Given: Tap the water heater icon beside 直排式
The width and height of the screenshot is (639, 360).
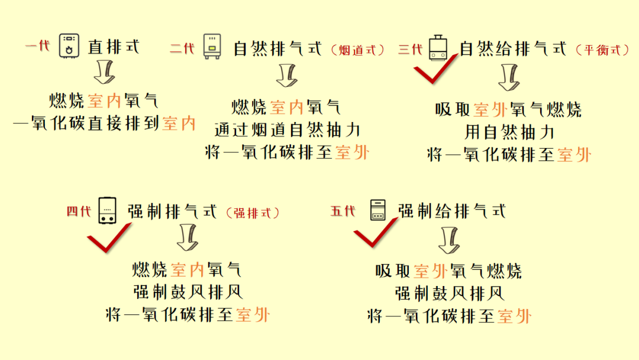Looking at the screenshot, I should [x=70, y=46].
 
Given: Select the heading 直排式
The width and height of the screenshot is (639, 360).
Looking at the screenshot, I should [x=113, y=46].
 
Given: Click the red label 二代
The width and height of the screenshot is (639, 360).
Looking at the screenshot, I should [x=182, y=49].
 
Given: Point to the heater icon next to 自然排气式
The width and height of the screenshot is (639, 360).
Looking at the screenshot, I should [x=212, y=46].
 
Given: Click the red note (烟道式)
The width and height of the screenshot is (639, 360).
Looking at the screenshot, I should [x=357, y=50].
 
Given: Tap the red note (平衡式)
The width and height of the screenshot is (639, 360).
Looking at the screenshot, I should [x=603, y=50].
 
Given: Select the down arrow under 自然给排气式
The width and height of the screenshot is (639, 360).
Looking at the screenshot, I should [x=509, y=76].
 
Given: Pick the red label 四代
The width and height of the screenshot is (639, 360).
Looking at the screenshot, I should [x=79, y=211].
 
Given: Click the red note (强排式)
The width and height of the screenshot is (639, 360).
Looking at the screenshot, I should [x=252, y=213].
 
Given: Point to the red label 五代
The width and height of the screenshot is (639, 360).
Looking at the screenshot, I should [x=343, y=210].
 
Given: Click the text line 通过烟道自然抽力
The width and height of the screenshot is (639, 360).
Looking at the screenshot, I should [x=286, y=130].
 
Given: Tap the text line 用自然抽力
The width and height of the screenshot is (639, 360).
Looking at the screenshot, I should [x=508, y=132].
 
